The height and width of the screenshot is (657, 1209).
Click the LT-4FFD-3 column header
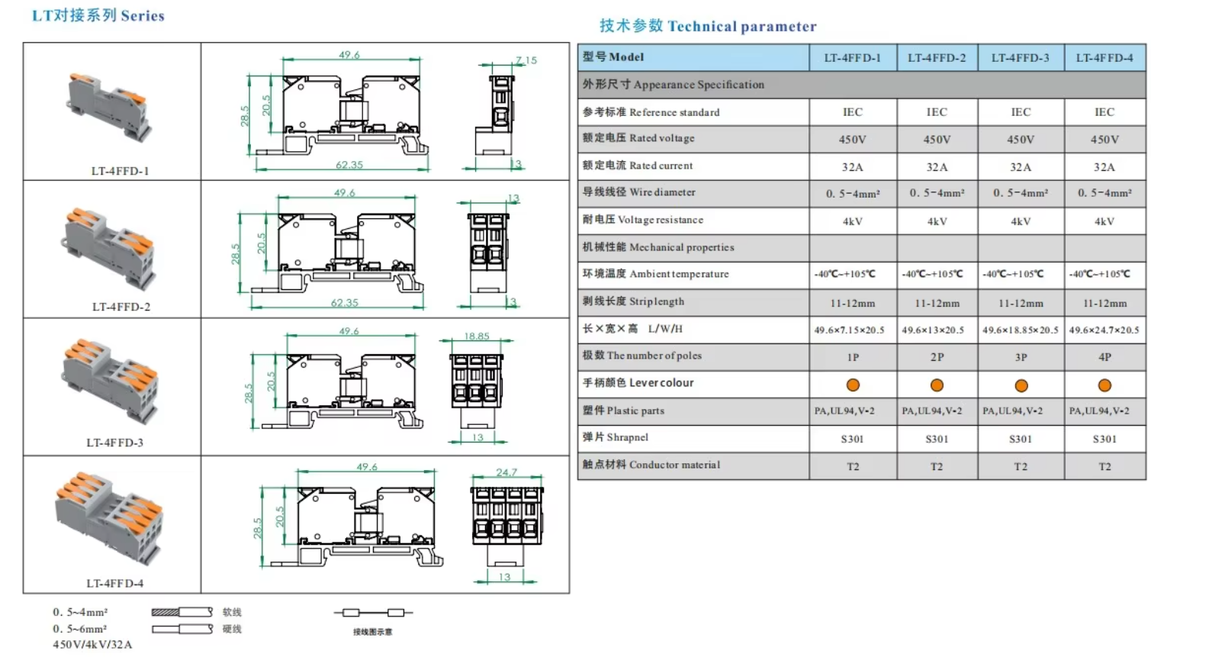coord(1020,58)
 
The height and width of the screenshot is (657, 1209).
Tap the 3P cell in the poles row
coord(1021,357)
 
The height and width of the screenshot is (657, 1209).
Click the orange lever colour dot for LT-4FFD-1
coord(853,385)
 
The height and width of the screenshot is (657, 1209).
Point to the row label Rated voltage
coord(638,138)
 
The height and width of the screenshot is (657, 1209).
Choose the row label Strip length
coord(633,301)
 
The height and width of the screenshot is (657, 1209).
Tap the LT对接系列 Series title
coord(98,15)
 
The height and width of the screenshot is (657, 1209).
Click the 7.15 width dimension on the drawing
coord(526,60)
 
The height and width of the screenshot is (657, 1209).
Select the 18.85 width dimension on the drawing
coord(477,336)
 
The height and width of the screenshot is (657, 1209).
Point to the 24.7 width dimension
coord(506,472)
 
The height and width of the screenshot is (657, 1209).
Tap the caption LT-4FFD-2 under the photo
coord(121,307)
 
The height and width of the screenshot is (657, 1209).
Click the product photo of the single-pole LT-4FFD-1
coord(108,107)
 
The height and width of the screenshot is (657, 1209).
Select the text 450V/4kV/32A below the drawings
coord(92,645)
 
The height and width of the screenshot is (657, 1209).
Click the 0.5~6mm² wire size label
coord(80,629)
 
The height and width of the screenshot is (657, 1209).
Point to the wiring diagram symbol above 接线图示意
coord(373,612)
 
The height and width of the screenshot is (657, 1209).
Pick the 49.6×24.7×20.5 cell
coord(1104,330)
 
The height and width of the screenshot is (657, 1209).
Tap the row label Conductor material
coord(651,465)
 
